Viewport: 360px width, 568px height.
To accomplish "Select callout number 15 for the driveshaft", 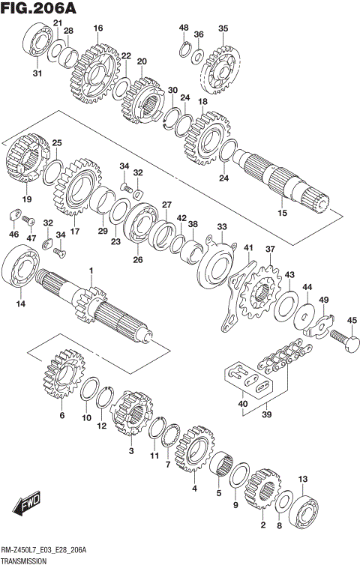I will tap(283, 214).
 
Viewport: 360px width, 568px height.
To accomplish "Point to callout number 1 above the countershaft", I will tap(91, 271).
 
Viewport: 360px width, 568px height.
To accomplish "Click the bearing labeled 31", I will tap(35, 42).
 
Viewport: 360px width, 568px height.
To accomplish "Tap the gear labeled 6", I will tap(63, 378).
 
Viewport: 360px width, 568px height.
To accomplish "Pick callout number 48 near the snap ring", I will tap(184, 28).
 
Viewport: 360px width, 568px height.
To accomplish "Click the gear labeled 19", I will tap(26, 161).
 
